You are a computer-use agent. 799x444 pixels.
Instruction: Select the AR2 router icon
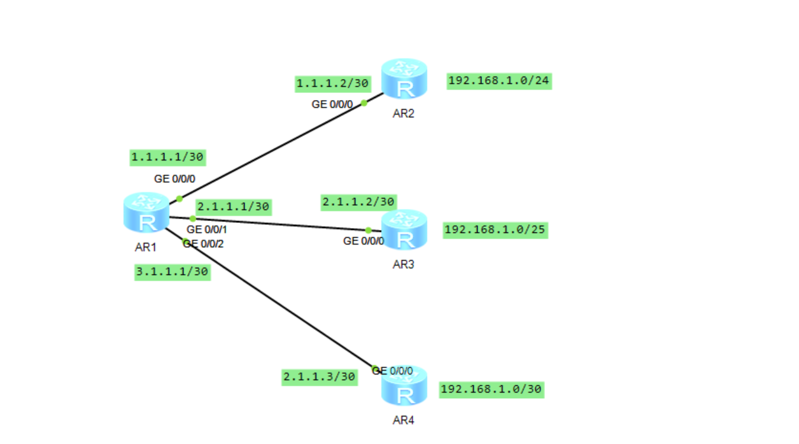pyautogui.click(x=404, y=79)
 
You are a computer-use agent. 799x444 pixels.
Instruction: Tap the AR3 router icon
pyautogui.click(x=404, y=230)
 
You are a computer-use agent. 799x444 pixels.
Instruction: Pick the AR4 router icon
pyautogui.click(x=404, y=387)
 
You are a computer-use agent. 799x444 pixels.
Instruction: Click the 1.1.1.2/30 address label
pyautogui.click(x=332, y=83)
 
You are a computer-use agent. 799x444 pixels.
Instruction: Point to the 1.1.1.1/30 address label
pyautogui.click(x=168, y=157)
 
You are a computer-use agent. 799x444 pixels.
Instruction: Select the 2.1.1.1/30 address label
pyautogui.click(x=234, y=206)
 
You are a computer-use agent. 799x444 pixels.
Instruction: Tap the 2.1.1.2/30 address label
pyautogui.click(x=359, y=202)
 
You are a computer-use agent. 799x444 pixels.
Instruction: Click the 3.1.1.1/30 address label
pyautogui.click(x=173, y=272)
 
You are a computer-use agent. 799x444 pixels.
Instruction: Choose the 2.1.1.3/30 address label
pyautogui.click(x=320, y=377)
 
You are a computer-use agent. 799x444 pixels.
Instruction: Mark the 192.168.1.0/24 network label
pyautogui.click(x=499, y=81)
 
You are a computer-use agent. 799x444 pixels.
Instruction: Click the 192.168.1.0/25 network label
pyautogui.click(x=495, y=230)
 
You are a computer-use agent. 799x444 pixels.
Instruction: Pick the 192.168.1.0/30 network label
pyautogui.click(x=491, y=389)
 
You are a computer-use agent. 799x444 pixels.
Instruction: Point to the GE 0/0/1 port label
pyautogui.click(x=206, y=229)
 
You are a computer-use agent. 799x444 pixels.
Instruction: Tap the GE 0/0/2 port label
pyautogui.click(x=204, y=243)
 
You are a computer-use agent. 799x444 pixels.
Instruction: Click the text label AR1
pyautogui.click(x=146, y=247)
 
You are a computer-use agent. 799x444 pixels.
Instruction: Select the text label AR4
pyautogui.click(x=404, y=420)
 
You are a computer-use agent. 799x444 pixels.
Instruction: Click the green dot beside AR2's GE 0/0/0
pyautogui.click(x=364, y=103)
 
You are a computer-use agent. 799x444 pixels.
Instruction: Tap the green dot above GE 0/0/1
pyautogui.click(x=193, y=218)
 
